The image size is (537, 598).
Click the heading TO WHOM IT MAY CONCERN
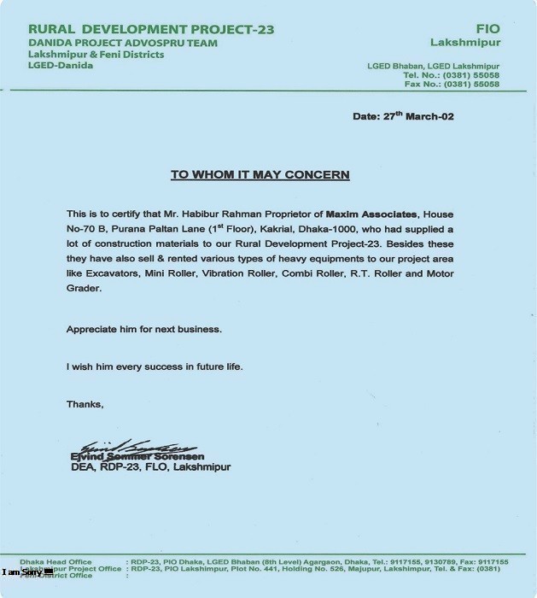point(260,174)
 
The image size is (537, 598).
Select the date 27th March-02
point(403,116)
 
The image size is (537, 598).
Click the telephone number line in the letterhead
point(452,75)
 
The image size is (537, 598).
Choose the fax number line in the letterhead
point(452,84)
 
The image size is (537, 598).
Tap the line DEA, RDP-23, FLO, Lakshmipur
point(150,467)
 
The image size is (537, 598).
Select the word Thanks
point(85,404)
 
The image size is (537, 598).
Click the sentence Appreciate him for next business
point(144,329)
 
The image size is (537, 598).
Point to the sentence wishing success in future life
point(155,366)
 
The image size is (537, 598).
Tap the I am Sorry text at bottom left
point(23,572)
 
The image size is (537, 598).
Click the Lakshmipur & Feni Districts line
point(95,55)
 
